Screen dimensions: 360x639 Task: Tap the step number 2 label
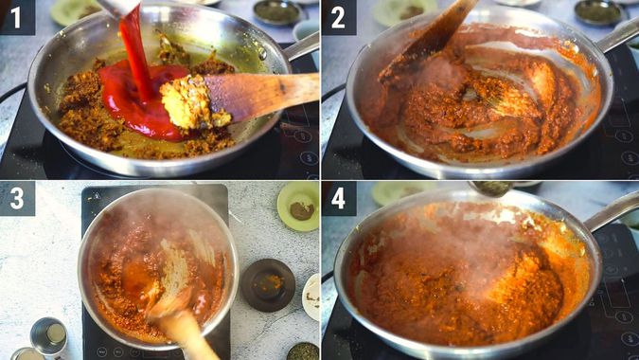click(x=338, y=17)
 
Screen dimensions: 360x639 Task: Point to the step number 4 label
click(x=338, y=199)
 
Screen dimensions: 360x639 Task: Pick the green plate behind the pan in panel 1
click(x=76, y=10)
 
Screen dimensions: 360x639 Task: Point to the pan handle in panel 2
click(x=617, y=36)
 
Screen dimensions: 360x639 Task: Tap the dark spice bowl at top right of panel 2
click(x=600, y=11)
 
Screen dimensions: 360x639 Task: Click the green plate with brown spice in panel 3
click(x=298, y=206)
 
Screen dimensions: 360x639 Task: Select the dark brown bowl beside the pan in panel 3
click(x=267, y=283)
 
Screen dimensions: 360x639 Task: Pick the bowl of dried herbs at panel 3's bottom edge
click(x=303, y=351)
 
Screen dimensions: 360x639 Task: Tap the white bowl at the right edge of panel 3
click(x=311, y=297)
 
